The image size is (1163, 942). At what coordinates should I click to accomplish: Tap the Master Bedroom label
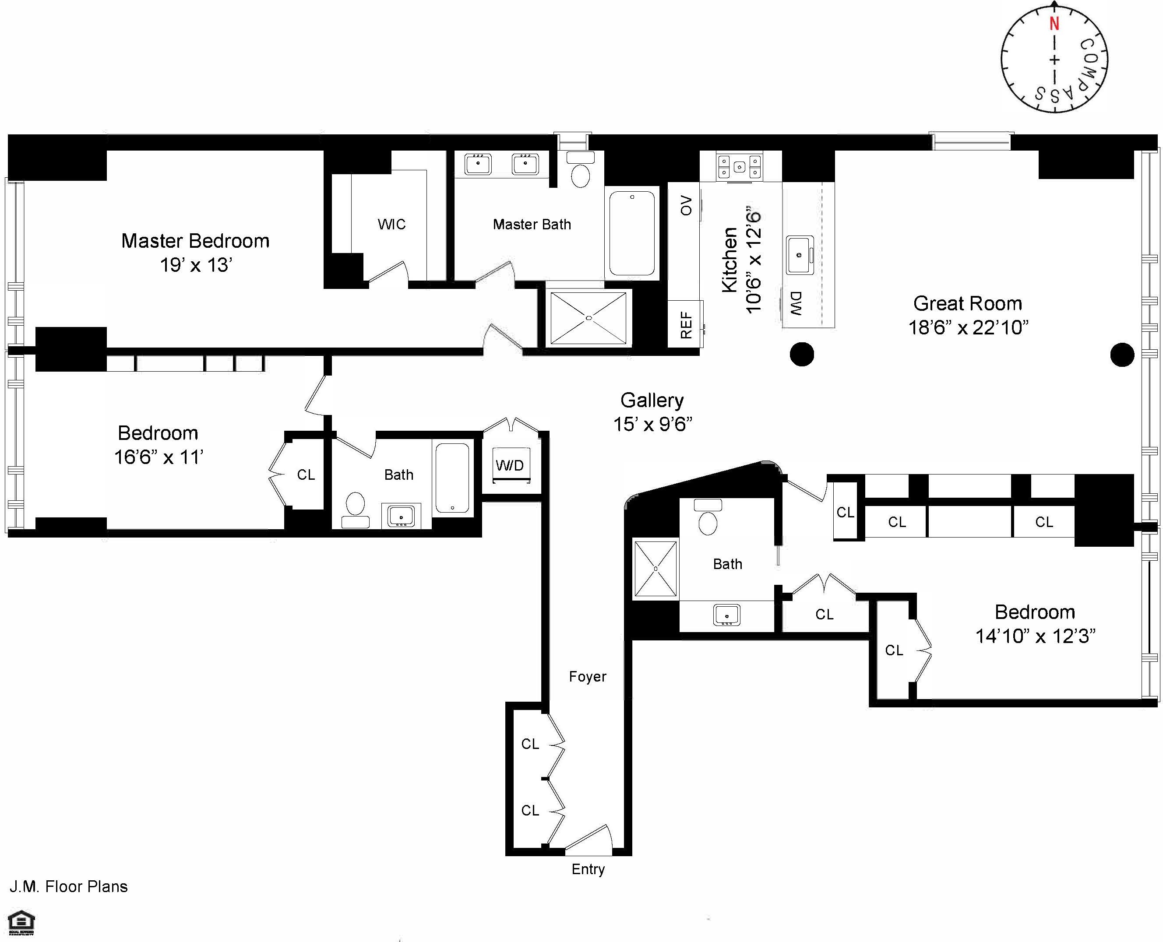tap(195, 241)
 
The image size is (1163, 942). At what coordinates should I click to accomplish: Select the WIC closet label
tap(391, 224)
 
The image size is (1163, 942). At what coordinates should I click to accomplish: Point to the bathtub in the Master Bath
tap(632, 233)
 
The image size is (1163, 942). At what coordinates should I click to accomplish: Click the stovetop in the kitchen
tap(739, 167)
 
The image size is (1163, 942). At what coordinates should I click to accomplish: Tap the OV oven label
tap(686, 206)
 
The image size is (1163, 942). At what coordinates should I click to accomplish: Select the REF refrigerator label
tap(686, 324)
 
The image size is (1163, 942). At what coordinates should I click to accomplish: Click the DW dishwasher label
tap(796, 303)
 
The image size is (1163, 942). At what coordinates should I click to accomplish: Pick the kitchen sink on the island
tap(800, 254)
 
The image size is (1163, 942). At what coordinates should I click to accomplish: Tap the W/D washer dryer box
tap(510, 465)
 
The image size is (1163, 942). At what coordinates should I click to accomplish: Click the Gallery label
tap(652, 401)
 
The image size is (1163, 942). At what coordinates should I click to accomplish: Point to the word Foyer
tap(587, 676)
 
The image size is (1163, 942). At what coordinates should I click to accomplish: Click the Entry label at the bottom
tap(588, 869)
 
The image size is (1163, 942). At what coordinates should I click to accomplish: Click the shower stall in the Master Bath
tap(588, 318)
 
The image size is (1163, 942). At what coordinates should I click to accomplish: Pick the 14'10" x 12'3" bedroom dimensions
tap(1035, 636)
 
